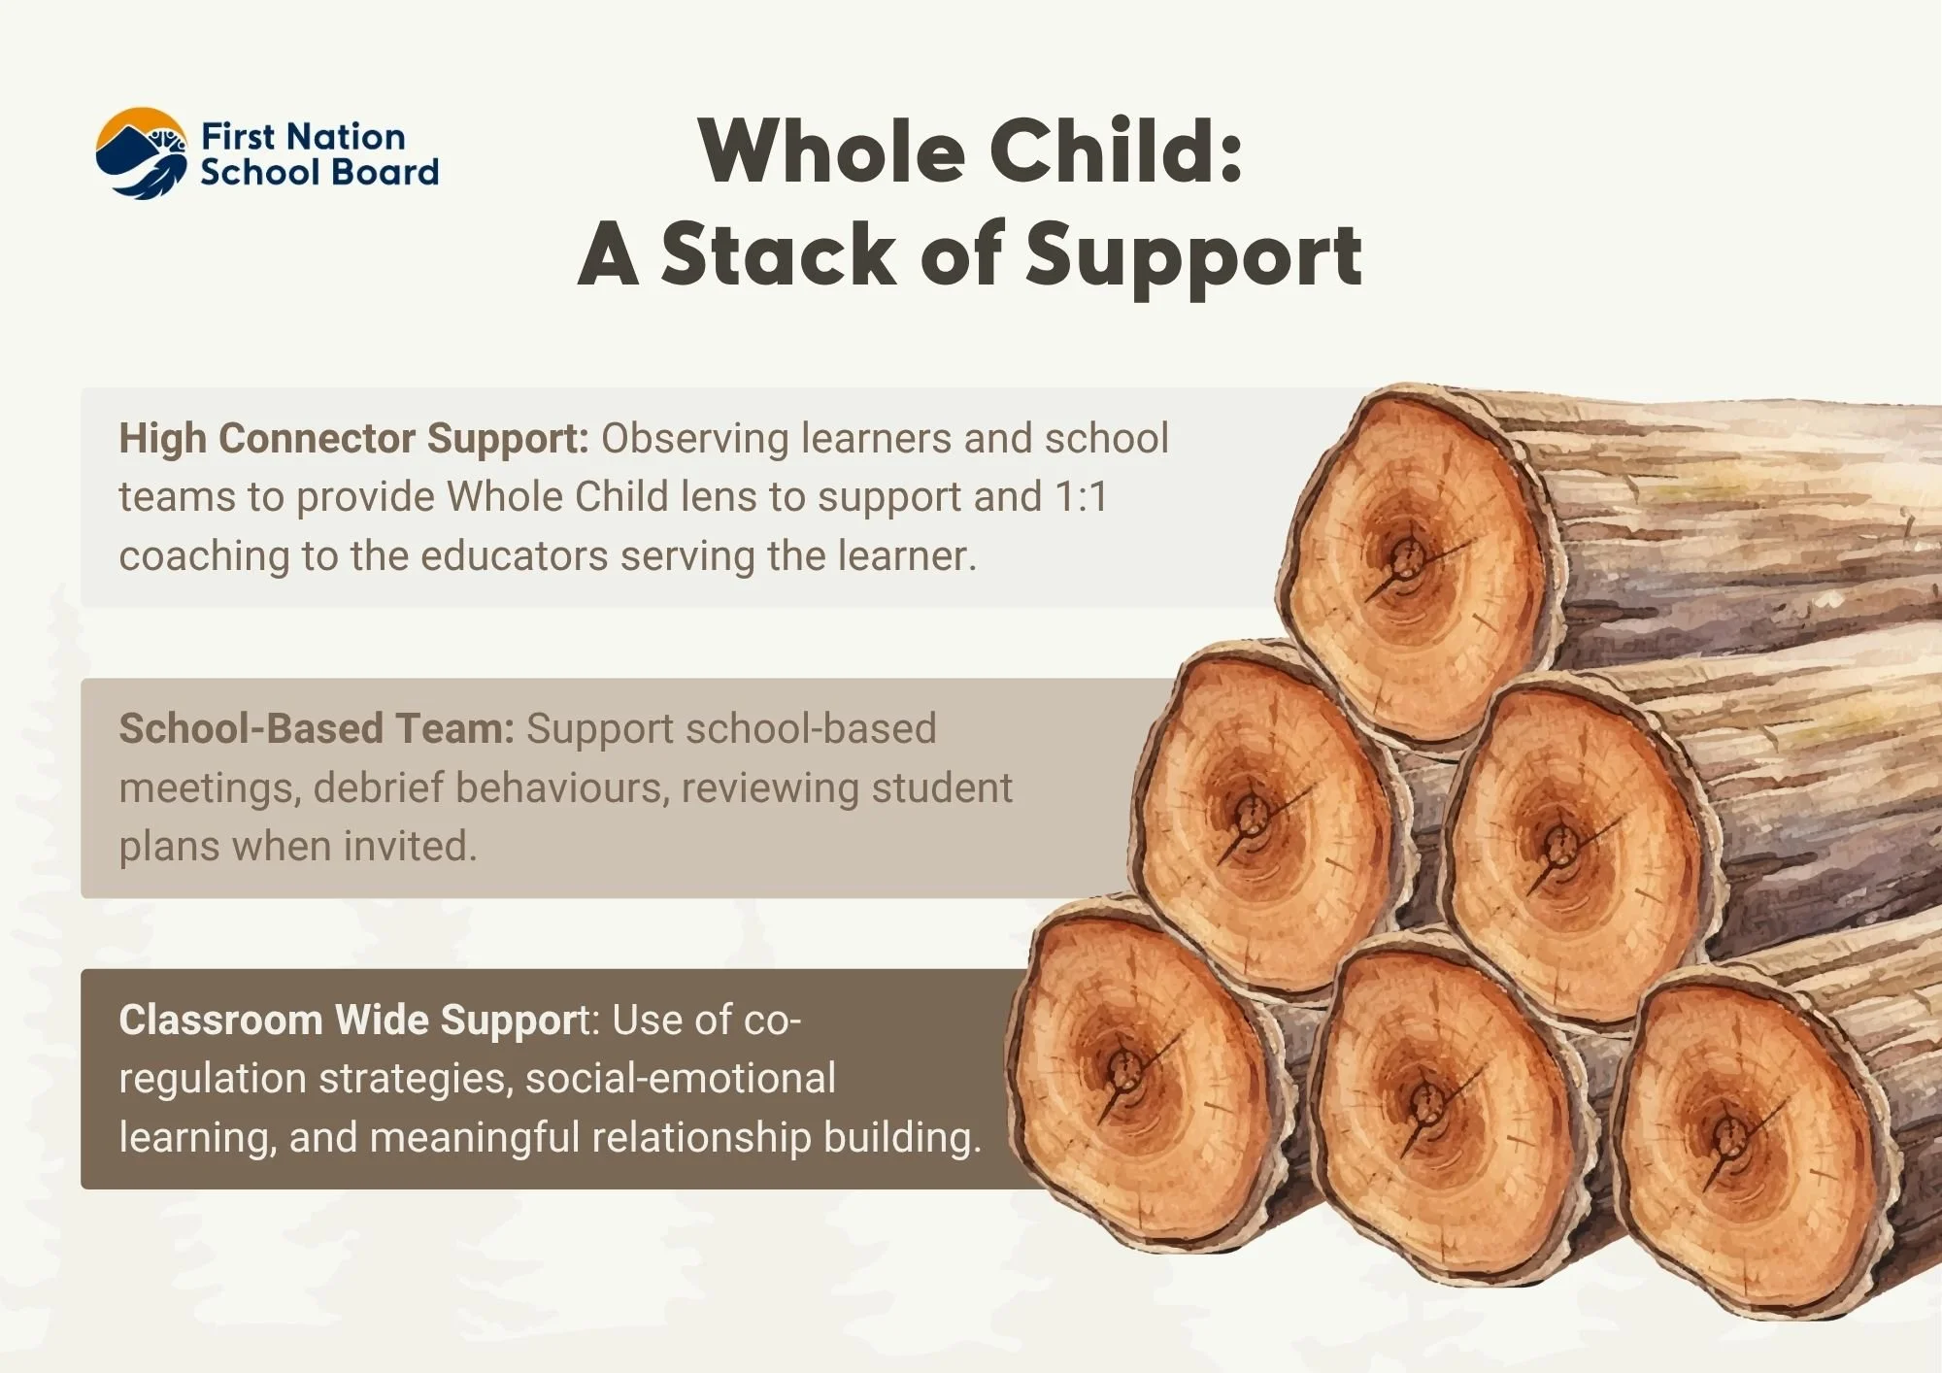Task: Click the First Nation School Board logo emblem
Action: coord(142,153)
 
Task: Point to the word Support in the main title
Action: coord(1193,254)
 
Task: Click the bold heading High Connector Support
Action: coord(353,439)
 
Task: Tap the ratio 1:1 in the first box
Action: coord(1080,497)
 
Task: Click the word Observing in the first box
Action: coord(694,439)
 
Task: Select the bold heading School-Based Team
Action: coord(317,729)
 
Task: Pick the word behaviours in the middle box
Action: coord(562,787)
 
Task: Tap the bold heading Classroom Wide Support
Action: coord(353,1021)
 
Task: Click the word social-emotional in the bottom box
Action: coord(680,1079)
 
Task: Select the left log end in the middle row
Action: coord(1262,820)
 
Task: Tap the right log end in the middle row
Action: coord(1568,850)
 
